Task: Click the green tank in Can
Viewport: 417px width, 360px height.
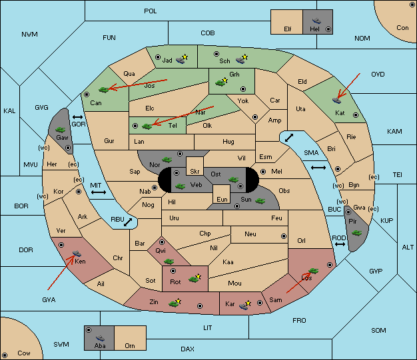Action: point(104,90)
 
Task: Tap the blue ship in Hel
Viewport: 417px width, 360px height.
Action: point(316,21)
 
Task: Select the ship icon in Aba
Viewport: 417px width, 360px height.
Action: point(100,338)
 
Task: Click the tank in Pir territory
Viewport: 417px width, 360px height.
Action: point(356,233)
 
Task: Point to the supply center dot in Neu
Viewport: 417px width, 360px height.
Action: point(284,236)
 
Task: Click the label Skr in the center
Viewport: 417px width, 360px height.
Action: point(195,172)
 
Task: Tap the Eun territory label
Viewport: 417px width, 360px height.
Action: point(222,199)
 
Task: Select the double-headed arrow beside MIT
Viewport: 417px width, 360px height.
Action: point(99,192)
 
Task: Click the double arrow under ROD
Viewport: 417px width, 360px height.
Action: point(340,244)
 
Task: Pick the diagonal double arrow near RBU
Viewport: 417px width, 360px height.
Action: point(128,222)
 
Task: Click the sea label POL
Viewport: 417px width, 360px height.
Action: point(151,11)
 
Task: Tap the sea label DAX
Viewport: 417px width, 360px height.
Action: point(187,349)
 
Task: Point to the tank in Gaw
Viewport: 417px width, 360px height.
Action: point(61,130)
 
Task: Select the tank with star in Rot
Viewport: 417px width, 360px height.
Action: point(195,278)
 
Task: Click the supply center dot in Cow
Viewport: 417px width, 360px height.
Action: point(5,355)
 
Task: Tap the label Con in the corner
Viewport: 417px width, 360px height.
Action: point(402,28)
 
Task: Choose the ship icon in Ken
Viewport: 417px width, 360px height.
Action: point(77,254)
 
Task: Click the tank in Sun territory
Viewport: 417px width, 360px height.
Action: point(260,201)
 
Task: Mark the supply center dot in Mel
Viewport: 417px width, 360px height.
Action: point(263,172)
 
